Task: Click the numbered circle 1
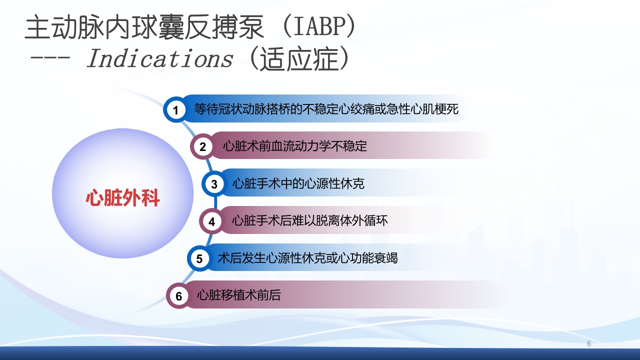tap(175, 109)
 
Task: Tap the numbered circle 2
tap(202, 146)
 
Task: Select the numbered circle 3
tap(214, 184)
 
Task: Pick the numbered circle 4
tap(211, 221)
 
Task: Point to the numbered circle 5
tap(199, 258)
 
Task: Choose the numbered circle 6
tap(178, 296)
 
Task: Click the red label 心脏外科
tap(122, 198)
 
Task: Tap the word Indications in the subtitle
tap(159, 59)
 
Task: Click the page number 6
tap(588, 343)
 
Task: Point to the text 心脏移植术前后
tap(239, 295)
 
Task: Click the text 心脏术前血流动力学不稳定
tap(295, 146)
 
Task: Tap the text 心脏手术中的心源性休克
tap(298, 183)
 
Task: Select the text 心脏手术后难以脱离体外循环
tap(309, 220)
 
